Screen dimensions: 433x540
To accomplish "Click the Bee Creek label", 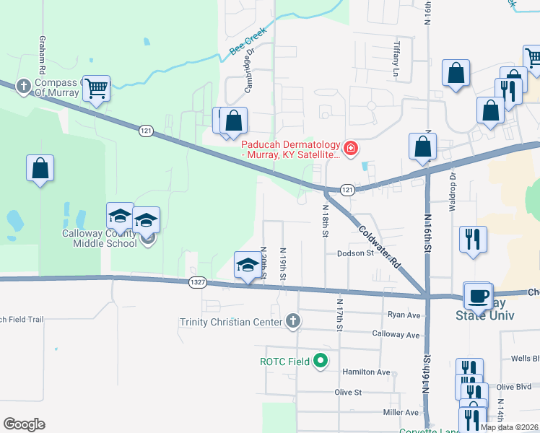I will pyautogui.click(x=248, y=42).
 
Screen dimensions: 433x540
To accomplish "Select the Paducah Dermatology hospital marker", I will pyautogui.click(x=351, y=149).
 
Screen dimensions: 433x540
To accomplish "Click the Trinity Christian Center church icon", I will pyautogui.click(x=292, y=320).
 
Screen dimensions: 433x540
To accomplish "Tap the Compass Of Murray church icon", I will pyautogui.click(x=24, y=87).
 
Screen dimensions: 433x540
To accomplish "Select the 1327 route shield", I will pyautogui.click(x=196, y=281).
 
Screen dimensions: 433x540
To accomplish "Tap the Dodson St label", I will pyautogui.click(x=354, y=253).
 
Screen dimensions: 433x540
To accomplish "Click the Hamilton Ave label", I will pyautogui.click(x=372, y=372).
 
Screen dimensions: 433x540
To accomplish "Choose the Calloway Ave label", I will pyautogui.click(x=396, y=335).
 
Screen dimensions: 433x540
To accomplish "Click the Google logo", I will pyautogui.click(x=25, y=424).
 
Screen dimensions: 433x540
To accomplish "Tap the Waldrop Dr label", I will pyautogui.click(x=453, y=189).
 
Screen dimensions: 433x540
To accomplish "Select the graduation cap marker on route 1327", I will pyautogui.click(x=248, y=265).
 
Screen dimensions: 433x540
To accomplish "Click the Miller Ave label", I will pyautogui.click(x=401, y=412).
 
